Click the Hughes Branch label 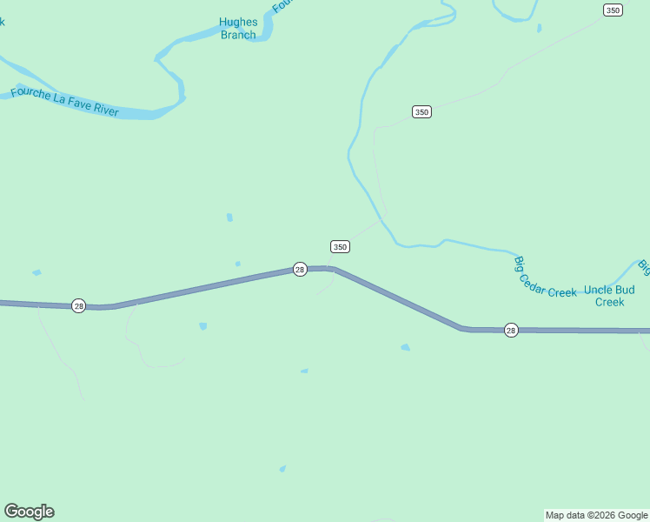point(238,29)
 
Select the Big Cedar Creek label point(545,278)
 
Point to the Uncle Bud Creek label point(609,296)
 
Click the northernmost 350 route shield point(613,10)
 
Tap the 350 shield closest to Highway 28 point(340,246)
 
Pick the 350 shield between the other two point(421,111)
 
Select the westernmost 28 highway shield point(78,305)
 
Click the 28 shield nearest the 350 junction point(300,270)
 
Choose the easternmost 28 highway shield point(511,330)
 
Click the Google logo point(29,512)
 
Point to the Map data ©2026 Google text point(597,515)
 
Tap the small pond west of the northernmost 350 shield point(539,28)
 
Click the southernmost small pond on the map point(282,469)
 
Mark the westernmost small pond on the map point(36,273)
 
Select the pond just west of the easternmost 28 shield point(406,347)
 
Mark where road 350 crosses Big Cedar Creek point(382,216)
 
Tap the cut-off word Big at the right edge point(644,264)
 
